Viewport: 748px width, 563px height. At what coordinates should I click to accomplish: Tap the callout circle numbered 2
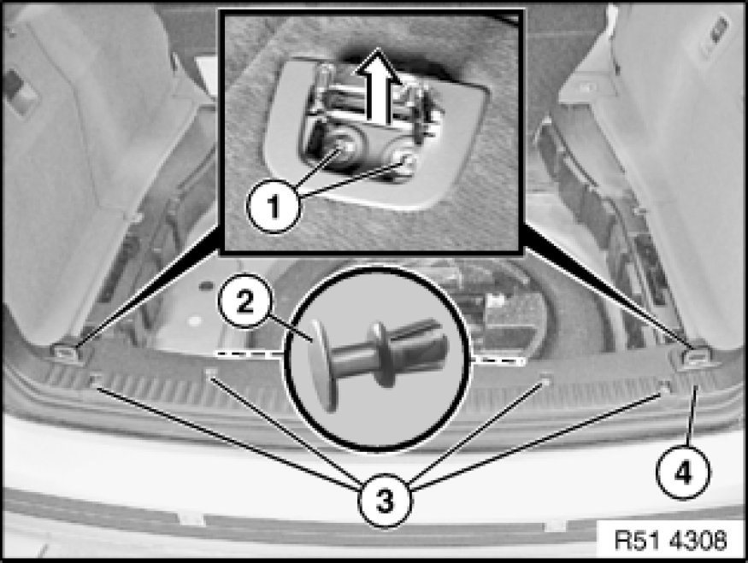244,302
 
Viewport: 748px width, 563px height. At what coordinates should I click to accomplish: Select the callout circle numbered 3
386,501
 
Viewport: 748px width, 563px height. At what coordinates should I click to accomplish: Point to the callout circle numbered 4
683,473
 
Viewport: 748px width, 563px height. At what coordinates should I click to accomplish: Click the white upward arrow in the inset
377,85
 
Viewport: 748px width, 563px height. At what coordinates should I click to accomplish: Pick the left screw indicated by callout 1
344,150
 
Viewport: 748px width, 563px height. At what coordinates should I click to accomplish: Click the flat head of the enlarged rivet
323,365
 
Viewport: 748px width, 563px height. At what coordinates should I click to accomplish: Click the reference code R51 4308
670,540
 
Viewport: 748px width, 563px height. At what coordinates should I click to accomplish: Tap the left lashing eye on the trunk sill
64,352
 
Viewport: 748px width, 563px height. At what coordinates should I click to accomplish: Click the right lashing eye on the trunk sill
694,356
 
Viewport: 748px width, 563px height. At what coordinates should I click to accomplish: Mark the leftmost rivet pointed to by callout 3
96,380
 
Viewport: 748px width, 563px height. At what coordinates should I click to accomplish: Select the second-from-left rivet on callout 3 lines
211,372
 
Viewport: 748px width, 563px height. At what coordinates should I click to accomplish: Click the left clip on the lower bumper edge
191,519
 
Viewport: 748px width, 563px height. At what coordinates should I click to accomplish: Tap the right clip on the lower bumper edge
556,525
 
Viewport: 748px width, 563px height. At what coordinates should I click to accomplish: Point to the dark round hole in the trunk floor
206,285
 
